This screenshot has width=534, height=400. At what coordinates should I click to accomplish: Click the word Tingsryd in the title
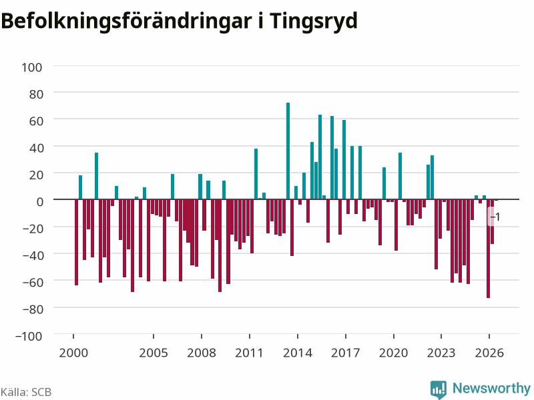[313, 21]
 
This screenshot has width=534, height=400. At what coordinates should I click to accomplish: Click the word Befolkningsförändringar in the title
[127, 21]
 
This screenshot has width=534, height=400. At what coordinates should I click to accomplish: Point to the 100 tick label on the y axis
[32, 67]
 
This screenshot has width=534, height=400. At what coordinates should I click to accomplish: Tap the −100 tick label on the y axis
[29, 336]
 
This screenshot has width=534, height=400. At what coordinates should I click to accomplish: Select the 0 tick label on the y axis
[40, 202]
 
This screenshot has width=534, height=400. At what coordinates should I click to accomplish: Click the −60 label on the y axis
[33, 282]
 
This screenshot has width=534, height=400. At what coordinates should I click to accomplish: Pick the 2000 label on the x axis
[73, 353]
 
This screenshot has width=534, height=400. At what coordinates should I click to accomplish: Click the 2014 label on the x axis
[298, 353]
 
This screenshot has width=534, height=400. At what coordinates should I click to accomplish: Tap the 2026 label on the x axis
[489, 353]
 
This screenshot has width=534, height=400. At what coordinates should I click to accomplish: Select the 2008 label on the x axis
[202, 353]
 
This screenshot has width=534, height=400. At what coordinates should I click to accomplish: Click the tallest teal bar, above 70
[288, 151]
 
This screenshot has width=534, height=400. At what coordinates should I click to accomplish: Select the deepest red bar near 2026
[489, 249]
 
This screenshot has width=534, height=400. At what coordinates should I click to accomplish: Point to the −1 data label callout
[495, 216]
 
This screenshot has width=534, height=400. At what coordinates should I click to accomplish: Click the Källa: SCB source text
[26, 392]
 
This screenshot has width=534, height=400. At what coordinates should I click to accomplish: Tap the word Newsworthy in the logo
[491, 388]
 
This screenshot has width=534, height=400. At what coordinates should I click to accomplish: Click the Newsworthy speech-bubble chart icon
[439, 389]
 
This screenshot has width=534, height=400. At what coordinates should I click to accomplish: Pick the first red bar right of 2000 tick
[77, 242]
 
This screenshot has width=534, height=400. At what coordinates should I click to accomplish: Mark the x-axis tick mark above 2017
[346, 337]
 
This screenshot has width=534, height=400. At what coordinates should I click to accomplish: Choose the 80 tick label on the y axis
[36, 94]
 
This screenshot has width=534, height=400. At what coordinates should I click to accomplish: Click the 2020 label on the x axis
[393, 353]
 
